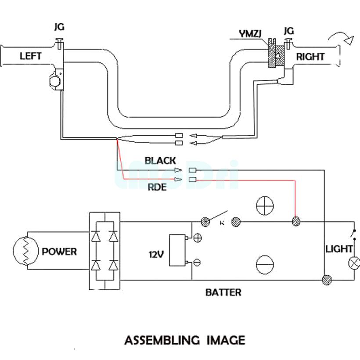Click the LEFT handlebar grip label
[x=30, y=56]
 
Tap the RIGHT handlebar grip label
[x=310, y=57]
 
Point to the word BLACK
[x=160, y=161]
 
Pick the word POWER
[x=59, y=252]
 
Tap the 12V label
[x=156, y=254]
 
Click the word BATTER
[x=223, y=292]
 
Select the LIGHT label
[x=339, y=249]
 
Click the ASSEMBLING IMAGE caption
[x=184, y=340]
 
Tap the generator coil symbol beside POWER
[x=25, y=252]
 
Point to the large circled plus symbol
[x=265, y=205]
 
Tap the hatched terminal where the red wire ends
[x=296, y=221]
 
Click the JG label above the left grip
[x=59, y=27]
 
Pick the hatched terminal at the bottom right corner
[x=326, y=280]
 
